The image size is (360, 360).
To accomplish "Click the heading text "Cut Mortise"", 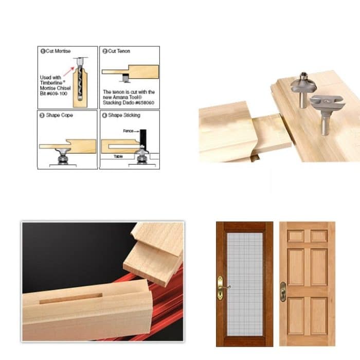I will [59, 51].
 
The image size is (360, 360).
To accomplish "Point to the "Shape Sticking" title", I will [124, 115].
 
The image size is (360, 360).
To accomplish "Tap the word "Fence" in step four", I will [128, 131].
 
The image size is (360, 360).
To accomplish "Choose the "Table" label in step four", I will [118, 156].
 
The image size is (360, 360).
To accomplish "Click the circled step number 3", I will [42, 115].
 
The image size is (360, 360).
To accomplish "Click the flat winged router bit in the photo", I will [326, 106].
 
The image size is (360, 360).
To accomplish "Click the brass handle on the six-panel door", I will [283, 291].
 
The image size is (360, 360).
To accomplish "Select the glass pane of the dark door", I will [245, 283].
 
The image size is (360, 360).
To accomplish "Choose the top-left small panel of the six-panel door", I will [295, 236].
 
